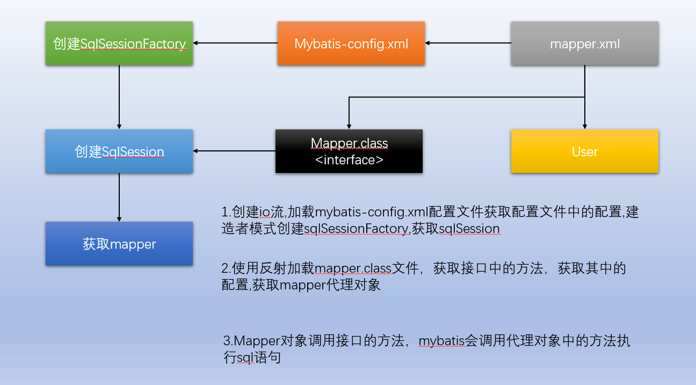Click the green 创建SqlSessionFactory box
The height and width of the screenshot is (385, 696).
point(119,43)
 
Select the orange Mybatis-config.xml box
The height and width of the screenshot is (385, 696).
point(351,43)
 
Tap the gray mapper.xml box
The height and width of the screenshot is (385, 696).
point(584,43)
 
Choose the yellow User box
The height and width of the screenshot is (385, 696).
point(584,151)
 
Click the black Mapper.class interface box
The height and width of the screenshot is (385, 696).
point(349,151)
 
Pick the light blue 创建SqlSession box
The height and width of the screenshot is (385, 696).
point(119,151)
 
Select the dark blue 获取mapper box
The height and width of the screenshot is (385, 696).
point(119,244)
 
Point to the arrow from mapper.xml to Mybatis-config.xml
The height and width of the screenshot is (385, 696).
point(467,43)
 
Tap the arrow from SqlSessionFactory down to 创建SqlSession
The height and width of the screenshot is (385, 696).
point(119,97)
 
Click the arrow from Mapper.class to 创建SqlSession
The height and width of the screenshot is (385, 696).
point(234,151)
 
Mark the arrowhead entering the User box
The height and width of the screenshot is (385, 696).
point(585,126)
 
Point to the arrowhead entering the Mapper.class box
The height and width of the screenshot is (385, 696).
point(349,126)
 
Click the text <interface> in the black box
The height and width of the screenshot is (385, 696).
point(349,159)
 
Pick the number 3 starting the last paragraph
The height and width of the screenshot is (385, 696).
point(226,340)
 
